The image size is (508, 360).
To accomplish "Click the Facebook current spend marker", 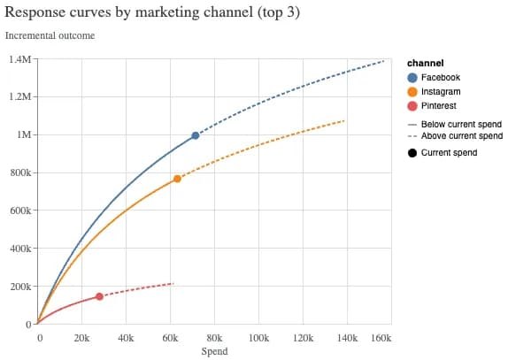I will coord(196,135).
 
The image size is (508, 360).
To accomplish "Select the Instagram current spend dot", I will coord(177,179).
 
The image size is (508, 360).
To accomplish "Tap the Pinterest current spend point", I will coord(99,296).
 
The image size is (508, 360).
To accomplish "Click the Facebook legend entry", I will coord(440,78).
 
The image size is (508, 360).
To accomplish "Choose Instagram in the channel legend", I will coord(440,92).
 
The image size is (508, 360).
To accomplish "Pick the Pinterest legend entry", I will coord(439,106).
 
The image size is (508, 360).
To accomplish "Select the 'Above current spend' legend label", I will coord(461,136).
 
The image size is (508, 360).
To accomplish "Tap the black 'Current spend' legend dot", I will coord(412,153).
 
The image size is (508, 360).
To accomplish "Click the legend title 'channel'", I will coord(424,64).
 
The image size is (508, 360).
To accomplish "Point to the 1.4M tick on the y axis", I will coord(19,59).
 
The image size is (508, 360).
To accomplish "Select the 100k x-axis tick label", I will coord(258,338).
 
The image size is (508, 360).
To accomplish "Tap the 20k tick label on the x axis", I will coord(81,338).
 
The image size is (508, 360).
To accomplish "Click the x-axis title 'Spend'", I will coord(214,351).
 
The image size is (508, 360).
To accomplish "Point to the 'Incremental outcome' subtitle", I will coord(50,35).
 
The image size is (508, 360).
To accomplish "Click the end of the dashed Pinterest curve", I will coord(173,283).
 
